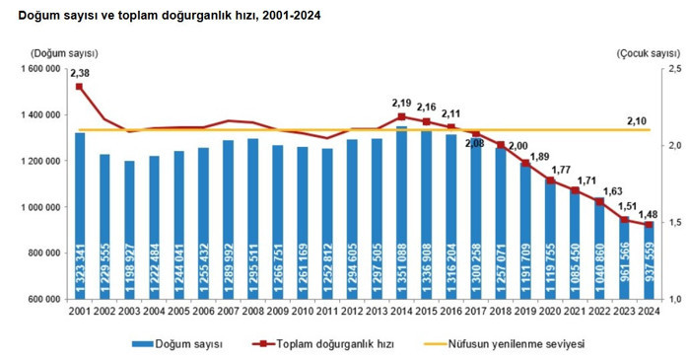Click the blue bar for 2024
tap(649, 261)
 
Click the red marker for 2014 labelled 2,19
tap(401, 116)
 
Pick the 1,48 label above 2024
tap(649, 214)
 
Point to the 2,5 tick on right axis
tap(675, 69)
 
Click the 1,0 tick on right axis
tap(675, 299)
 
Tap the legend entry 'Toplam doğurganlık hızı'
tap(322, 343)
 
